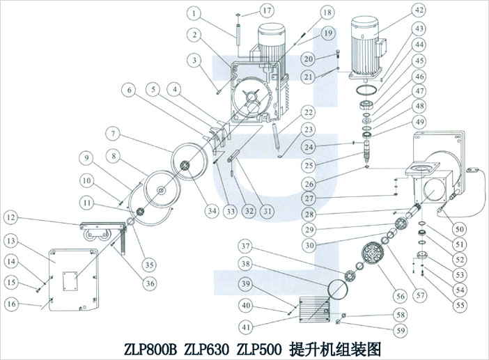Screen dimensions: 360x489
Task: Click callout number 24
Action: [307, 147]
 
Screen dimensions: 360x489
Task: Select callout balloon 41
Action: [246, 326]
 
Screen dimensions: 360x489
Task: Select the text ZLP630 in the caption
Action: [206, 347]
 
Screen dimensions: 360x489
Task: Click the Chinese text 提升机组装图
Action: [335, 347]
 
